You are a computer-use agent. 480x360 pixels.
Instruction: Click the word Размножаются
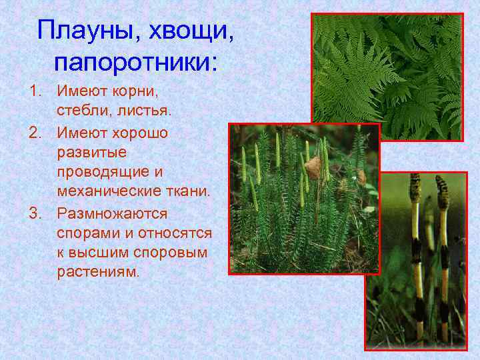pyautogui.click(x=112, y=214)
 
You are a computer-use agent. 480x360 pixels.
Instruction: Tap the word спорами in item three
pyautogui.click(x=88, y=234)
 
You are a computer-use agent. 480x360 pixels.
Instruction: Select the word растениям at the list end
pyautogui.click(x=99, y=273)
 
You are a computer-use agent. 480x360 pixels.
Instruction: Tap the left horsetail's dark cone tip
pyautogui.click(x=415, y=187)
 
